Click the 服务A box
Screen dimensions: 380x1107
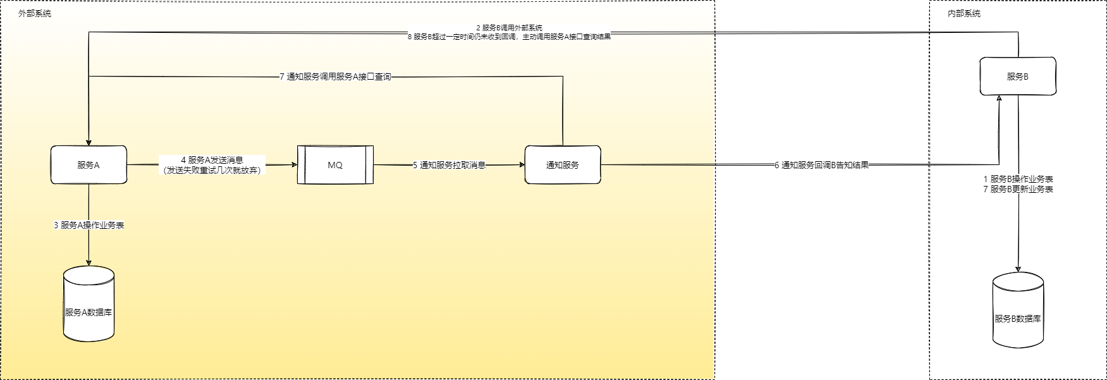pos(89,165)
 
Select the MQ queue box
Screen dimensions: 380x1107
pos(335,165)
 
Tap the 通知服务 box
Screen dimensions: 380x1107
pos(563,165)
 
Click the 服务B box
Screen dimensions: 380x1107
pos(1018,77)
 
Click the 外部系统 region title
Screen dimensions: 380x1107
pos(35,13)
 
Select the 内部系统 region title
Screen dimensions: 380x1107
pos(964,13)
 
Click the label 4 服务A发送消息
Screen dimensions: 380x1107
pos(212,160)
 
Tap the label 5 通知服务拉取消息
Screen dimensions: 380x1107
pos(449,165)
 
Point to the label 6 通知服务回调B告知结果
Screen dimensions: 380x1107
pos(822,165)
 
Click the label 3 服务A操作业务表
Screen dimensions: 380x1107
pos(89,225)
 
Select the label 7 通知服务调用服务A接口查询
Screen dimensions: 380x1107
pos(335,77)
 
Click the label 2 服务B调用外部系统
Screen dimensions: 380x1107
pos(509,28)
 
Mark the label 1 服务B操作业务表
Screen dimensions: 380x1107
pos(1018,179)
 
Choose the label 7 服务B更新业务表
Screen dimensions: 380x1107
pos(1018,189)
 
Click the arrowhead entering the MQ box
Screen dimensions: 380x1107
pos(294,165)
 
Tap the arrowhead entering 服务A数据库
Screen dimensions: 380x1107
pos(89,262)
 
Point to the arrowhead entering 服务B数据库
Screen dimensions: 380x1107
pos(1018,269)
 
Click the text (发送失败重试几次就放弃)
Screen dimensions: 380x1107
pos(212,170)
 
